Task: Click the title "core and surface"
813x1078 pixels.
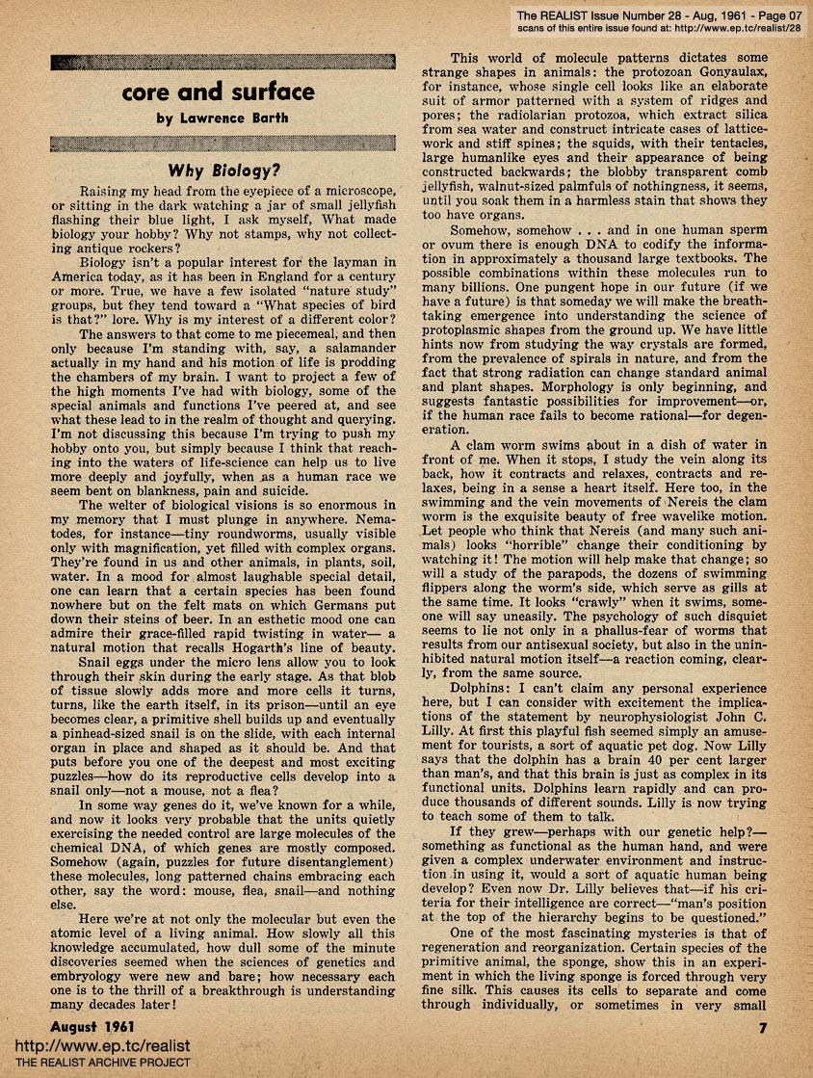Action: tap(219, 92)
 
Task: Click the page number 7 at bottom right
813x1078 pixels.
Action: tap(761, 1028)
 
